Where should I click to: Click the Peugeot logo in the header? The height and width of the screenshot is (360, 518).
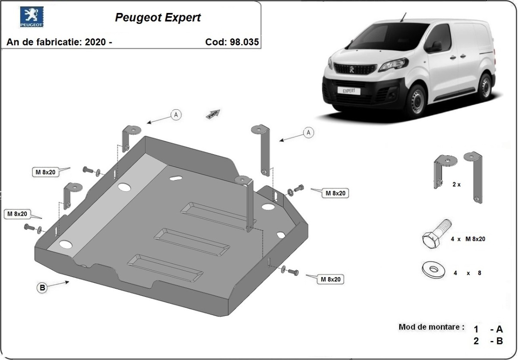(x=32, y=17)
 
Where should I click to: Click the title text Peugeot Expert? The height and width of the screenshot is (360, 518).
(x=158, y=18)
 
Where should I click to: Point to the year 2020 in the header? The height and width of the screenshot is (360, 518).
(x=95, y=42)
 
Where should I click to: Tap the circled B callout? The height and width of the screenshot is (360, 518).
(x=41, y=288)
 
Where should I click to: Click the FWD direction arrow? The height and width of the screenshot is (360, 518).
(x=214, y=114)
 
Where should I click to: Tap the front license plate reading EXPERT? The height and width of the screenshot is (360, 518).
(x=349, y=91)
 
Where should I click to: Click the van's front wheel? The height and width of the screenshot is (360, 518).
(x=417, y=100)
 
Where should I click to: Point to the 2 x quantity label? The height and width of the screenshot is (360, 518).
(x=456, y=184)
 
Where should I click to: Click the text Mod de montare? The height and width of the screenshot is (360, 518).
(x=431, y=327)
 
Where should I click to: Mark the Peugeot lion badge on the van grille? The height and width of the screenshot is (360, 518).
(x=352, y=69)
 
